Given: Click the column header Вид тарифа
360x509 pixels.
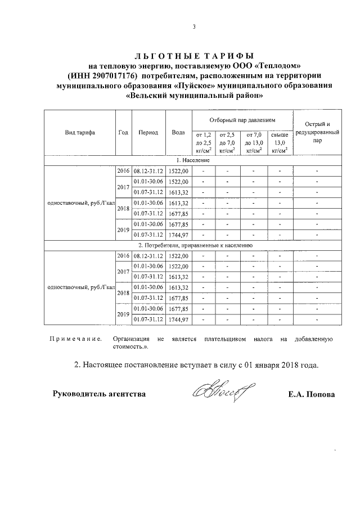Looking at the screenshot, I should click(x=80, y=133).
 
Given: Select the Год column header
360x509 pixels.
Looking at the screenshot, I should click(x=123, y=133).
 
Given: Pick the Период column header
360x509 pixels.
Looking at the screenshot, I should click(x=148, y=133).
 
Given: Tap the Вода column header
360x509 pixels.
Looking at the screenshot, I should click(x=178, y=133).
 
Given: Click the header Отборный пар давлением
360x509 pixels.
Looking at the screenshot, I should click(x=242, y=120).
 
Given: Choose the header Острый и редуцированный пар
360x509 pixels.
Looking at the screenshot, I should click(x=317, y=133).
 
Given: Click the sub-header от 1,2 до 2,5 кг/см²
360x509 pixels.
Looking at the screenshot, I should click(x=203, y=142).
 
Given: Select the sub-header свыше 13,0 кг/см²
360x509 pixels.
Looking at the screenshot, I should click(x=280, y=142).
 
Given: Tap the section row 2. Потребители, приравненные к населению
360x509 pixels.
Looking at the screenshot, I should click(x=194, y=245).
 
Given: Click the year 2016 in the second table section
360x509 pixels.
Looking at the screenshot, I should click(x=123, y=255).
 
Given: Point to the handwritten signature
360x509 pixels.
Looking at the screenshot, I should click(x=223, y=391).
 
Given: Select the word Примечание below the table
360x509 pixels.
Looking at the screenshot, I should click(x=75, y=340).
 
